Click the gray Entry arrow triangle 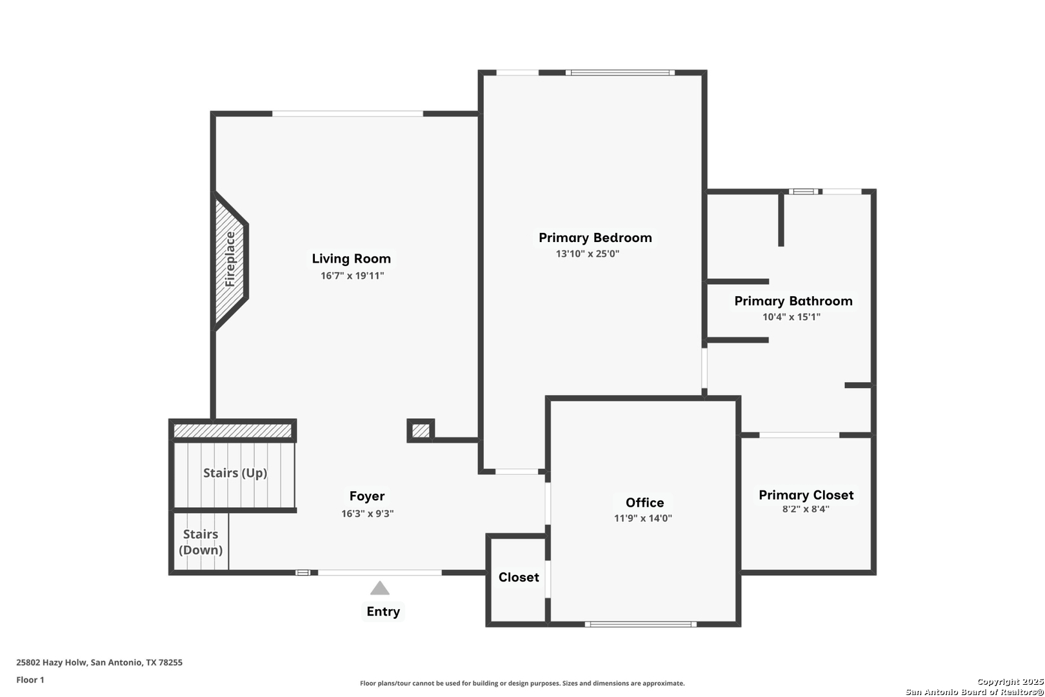pos(380,588)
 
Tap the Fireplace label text pos(230,259)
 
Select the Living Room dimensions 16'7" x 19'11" pos(352,276)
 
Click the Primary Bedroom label pos(595,237)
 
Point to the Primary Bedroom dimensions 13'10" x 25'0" pos(588,254)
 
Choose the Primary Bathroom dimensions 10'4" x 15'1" pos(791,316)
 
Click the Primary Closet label pos(806,495)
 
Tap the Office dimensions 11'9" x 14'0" pos(643,518)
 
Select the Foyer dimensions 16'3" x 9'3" pos(367,514)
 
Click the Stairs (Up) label pos(235,473)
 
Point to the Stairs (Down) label pos(201,542)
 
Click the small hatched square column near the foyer pos(421,430)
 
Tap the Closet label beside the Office pos(519,578)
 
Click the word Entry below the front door pos(383,612)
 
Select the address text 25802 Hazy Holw pos(52,662)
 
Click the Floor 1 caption pos(30,680)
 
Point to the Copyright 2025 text pos(1010,682)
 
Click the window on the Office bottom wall pos(641,624)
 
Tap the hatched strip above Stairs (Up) pos(232,430)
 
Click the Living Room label pos(352,259)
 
